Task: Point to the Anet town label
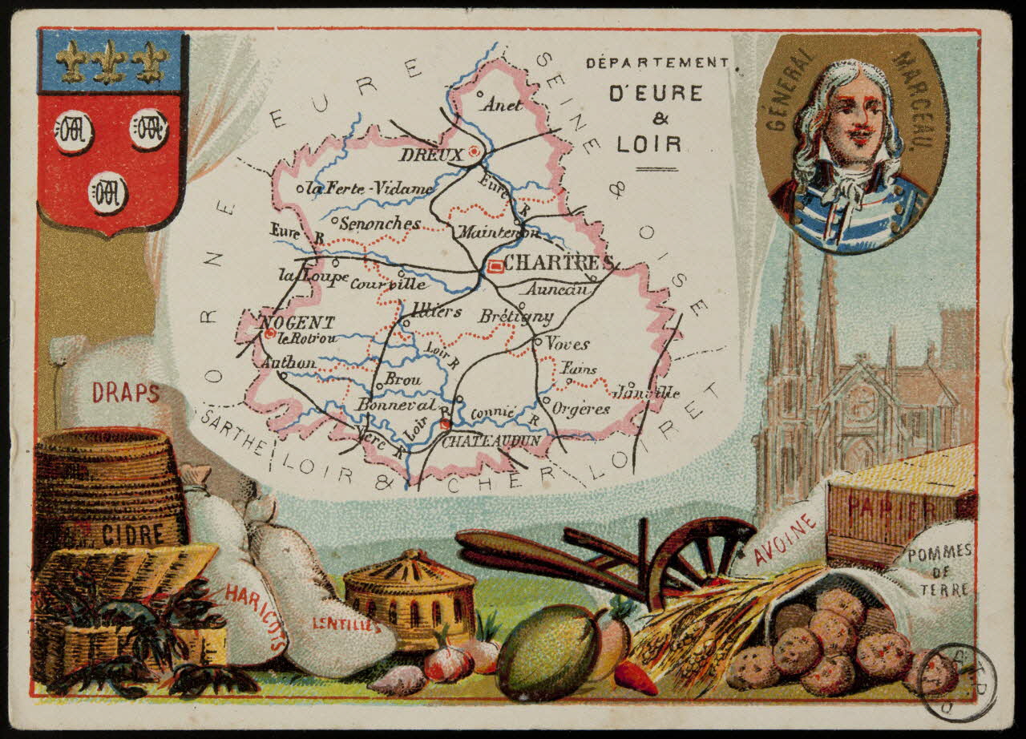[x=502, y=105]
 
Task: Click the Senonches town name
[x=379, y=224]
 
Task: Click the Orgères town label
[x=581, y=409]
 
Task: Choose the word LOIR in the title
[x=649, y=144]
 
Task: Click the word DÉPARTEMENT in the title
[x=656, y=63]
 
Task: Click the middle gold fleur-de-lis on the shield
[x=109, y=61]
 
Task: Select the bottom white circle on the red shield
[x=107, y=192]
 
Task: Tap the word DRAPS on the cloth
[x=125, y=393]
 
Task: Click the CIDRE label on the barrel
[x=132, y=533]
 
